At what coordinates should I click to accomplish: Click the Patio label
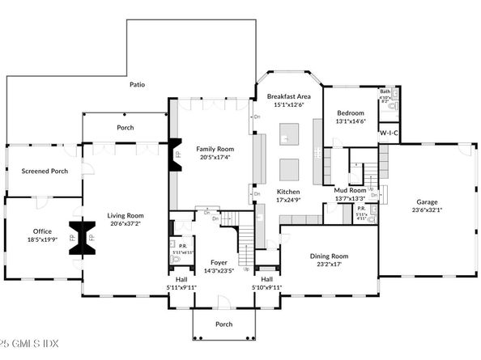click(x=136, y=84)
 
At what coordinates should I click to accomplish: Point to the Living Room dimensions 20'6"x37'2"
click(x=125, y=224)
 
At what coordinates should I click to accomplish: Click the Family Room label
click(x=214, y=150)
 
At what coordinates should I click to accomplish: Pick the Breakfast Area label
click(x=289, y=96)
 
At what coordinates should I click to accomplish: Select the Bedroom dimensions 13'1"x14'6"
click(x=351, y=121)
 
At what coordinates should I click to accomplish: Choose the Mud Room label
click(x=351, y=190)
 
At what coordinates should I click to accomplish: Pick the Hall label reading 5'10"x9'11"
click(x=266, y=282)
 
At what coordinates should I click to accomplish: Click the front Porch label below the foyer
click(x=223, y=324)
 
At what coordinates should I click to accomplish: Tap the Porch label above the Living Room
click(x=125, y=128)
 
